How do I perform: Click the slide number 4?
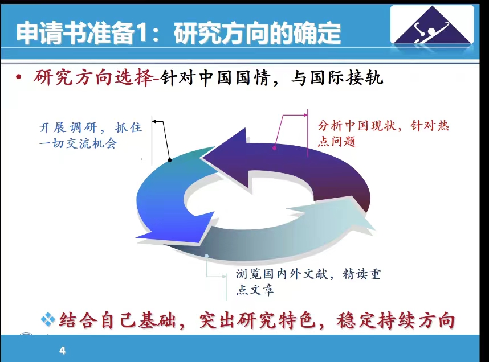pyautogui.click(x=62, y=351)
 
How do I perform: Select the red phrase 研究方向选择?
pyautogui.click(x=94, y=77)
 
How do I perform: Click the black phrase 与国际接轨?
pyautogui.click(x=337, y=77)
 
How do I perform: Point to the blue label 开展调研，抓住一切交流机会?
pyautogui.click(x=91, y=135)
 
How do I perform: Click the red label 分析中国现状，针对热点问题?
pyautogui.click(x=384, y=133)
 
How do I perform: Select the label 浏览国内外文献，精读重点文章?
pyautogui.click(x=308, y=282)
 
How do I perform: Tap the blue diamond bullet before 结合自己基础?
pyautogui.click(x=48, y=319)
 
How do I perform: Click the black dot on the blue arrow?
pyautogui.click(x=170, y=160)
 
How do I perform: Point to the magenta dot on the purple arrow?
pyautogui.click(x=275, y=148)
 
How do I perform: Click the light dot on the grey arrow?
pyautogui.click(x=206, y=256)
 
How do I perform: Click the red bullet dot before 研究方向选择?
pyautogui.click(x=19, y=77)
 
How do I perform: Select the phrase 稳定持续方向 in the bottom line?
pyautogui.click(x=396, y=320)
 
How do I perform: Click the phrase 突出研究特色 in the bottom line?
pyautogui.click(x=258, y=320)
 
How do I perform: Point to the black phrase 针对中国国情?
pyautogui.click(x=215, y=77)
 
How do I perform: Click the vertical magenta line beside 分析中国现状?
pyautogui.click(x=308, y=133)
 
